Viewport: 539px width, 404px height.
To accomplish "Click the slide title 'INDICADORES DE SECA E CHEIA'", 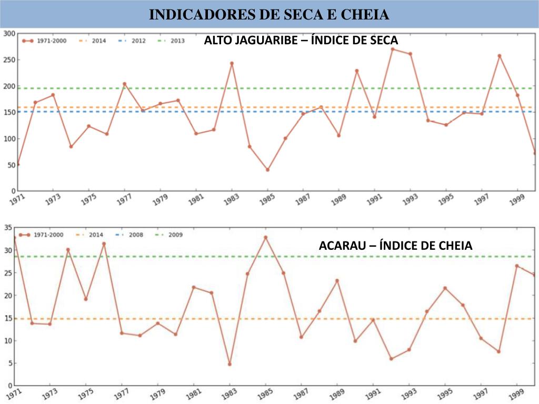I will click(x=269, y=14).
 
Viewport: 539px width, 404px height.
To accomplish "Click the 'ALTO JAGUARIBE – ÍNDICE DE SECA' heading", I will click(x=301, y=41).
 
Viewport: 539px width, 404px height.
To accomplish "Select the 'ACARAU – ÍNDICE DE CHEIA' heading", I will click(x=395, y=246).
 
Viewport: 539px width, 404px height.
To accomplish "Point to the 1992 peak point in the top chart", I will click(x=392, y=49).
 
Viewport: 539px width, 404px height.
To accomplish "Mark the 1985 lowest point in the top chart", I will click(x=267, y=170).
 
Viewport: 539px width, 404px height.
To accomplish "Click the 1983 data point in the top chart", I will click(x=232, y=63).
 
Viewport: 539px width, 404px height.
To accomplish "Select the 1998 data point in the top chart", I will click(x=500, y=56).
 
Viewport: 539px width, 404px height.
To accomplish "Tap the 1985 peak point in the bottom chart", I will click(x=266, y=237).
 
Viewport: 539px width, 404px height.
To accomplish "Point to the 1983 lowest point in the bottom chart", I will click(x=229, y=364).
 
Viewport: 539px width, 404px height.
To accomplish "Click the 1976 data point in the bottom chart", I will click(x=104, y=244).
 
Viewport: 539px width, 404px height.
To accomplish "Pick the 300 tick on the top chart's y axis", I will click(x=9, y=34).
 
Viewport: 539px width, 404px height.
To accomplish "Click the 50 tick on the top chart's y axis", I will click(x=11, y=165).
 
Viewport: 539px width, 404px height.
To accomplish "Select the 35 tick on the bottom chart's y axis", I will click(x=8, y=228).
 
